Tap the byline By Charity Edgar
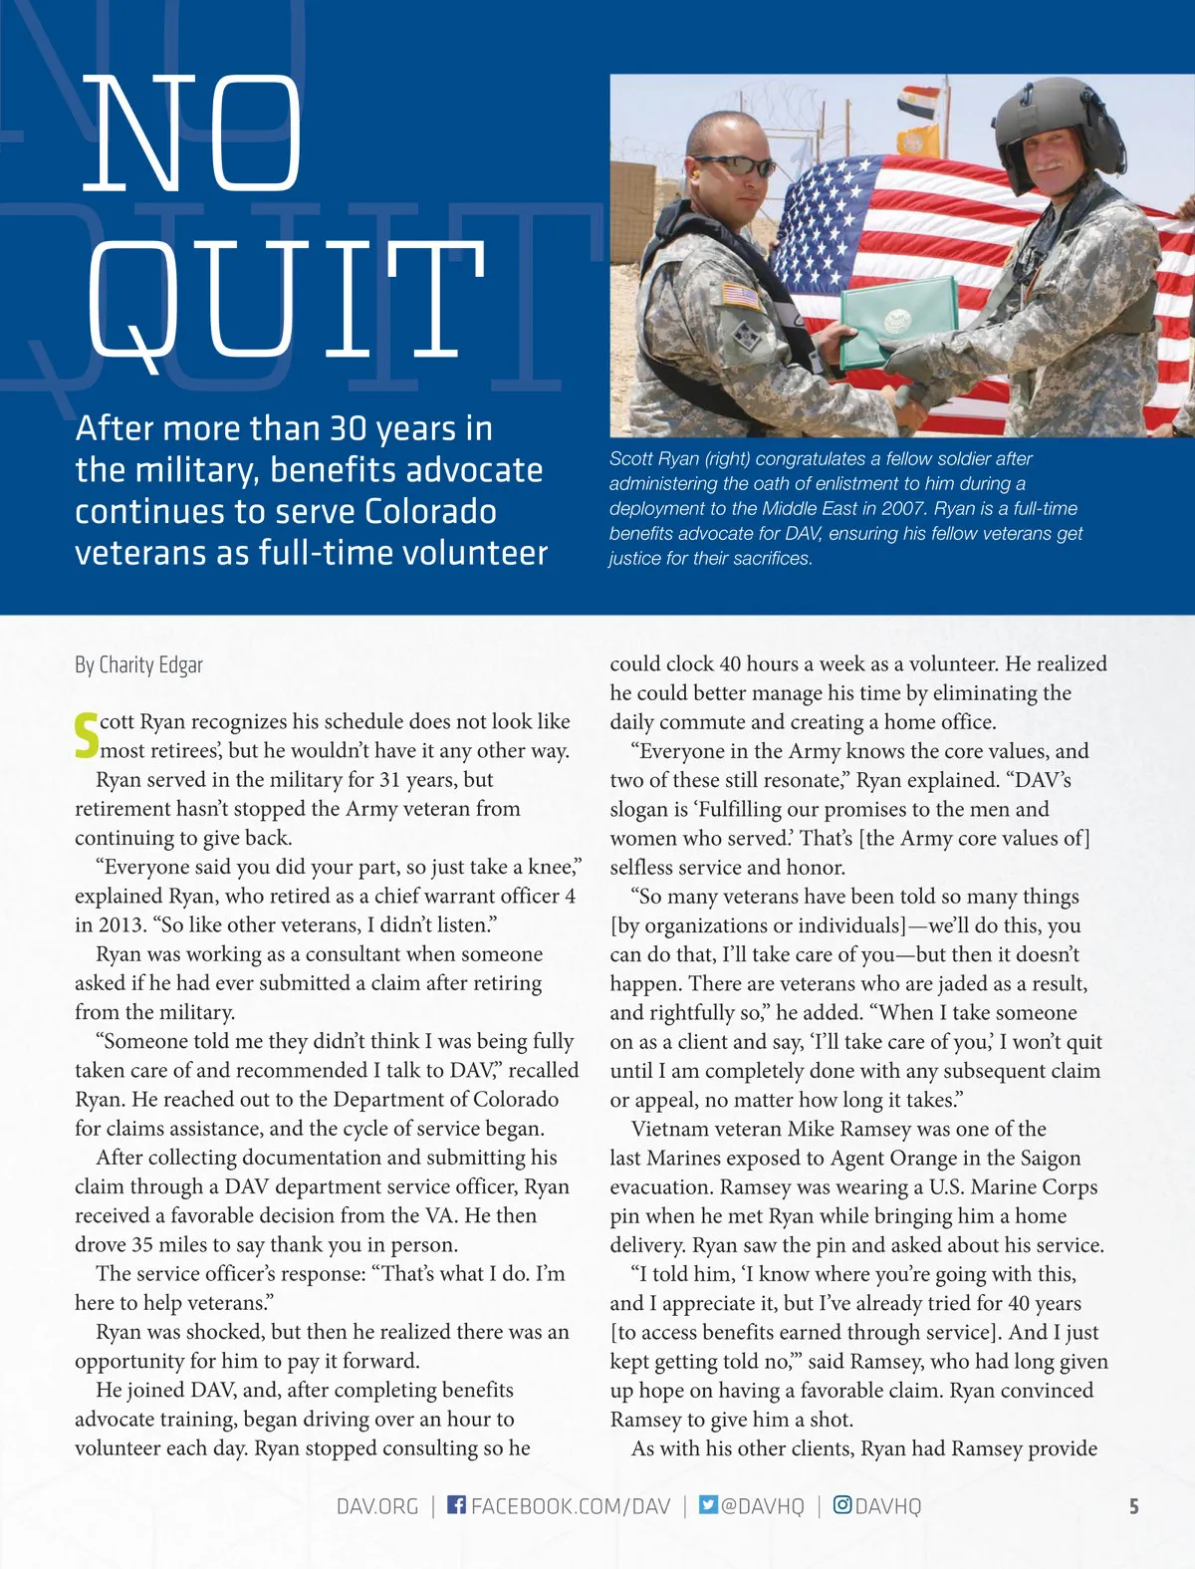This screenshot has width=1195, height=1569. tap(138, 664)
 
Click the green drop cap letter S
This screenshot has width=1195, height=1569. tap(87, 735)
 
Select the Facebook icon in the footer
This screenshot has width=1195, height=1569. tap(456, 1504)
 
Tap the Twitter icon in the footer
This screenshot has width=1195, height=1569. tap(708, 1504)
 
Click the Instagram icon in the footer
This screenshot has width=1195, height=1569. tap(842, 1504)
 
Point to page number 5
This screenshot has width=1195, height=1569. tap(1133, 1506)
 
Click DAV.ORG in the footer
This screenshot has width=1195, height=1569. tap(377, 1505)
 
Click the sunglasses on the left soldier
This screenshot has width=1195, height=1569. tap(736, 165)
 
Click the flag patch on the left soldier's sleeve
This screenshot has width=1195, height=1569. tap(741, 296)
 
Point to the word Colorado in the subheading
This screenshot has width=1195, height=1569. tap(430, 511)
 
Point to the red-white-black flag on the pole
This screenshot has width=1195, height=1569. tap(917, 102)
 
